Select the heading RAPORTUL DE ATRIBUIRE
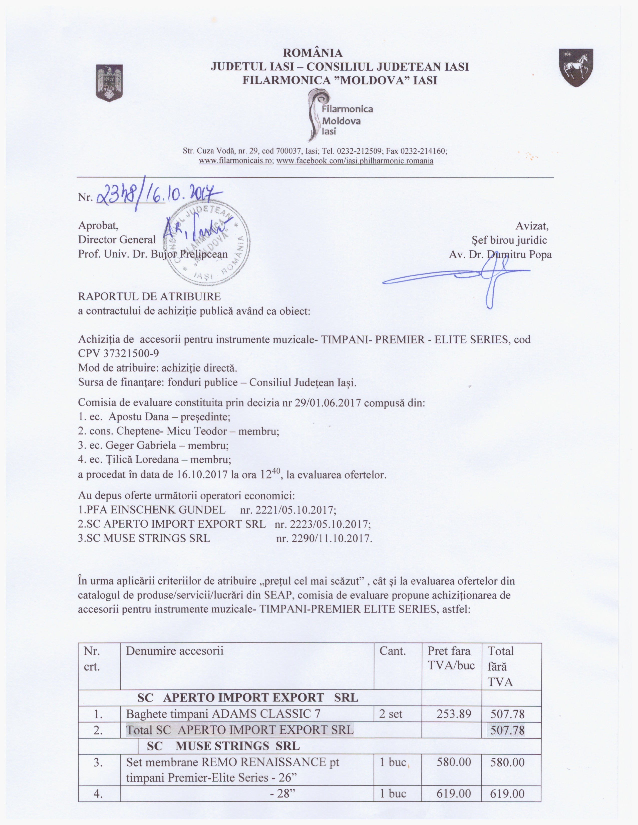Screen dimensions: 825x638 [149, 296]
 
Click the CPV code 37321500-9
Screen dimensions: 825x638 [119, 353]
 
